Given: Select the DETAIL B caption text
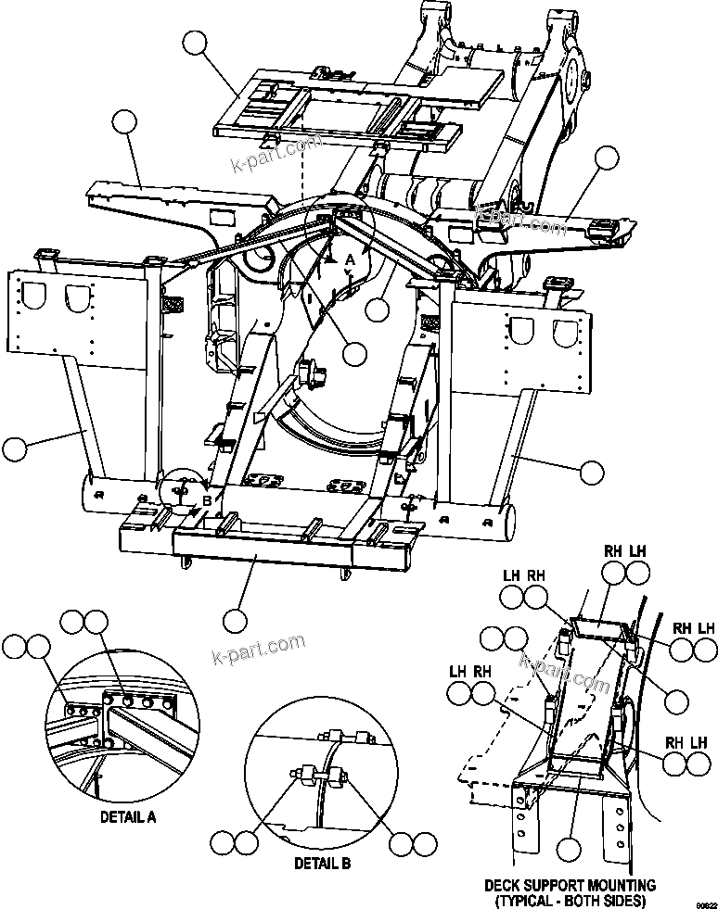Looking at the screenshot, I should pyautogui.click(x=322, y=863).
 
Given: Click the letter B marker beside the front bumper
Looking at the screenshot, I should pyautogui.click(x=207, y=500).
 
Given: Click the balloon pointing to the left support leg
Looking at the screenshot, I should pyautogui.click(x=16, y=448).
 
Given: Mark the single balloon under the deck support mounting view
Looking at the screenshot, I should pyautogui.click(x=570, y=847).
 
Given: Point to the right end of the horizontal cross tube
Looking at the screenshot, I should pyautogui.click(x=506, y=530).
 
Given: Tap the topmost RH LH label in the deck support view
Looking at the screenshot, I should pyautogui.click(x=623, y=550).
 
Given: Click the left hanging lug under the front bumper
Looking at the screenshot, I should pyautogui.click(x=188, y=560).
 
